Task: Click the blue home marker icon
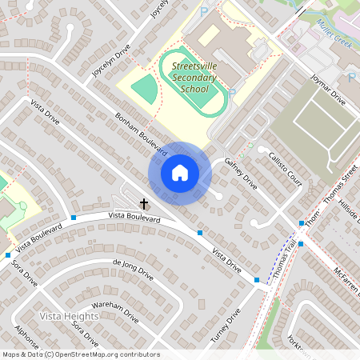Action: coord(180,173)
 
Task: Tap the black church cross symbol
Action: coord(144,204)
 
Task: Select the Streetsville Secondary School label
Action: coord(183,78)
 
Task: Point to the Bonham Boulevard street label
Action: coord(140,133)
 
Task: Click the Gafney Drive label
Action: coord(239,171)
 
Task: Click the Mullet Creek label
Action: coord(335,35)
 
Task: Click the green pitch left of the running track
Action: coord(144,88)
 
